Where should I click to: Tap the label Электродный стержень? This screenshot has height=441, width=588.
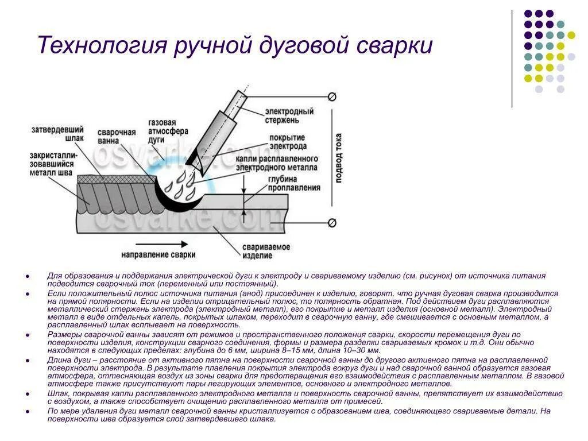(x=289, y=115)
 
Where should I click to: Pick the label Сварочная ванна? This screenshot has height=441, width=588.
(x=117, y=136)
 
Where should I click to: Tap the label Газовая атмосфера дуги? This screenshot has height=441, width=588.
(x=162, y=131)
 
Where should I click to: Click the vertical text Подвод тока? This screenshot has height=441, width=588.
(x=339, y=158)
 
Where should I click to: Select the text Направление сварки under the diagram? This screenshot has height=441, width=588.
(x=158, y=254)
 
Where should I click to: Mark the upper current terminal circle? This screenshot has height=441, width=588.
(x=332, y=96)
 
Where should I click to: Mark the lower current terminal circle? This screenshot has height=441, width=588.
(x=332, y=223)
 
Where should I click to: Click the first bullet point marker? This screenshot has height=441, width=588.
(x=28, y=276)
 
